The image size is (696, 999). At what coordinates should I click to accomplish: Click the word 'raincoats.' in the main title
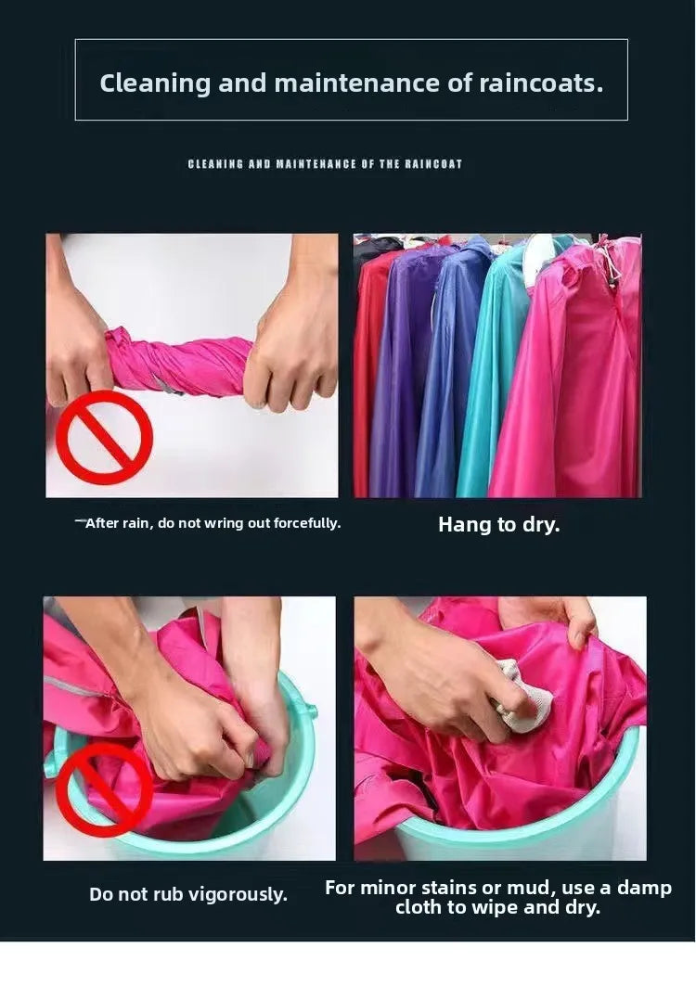point(540,83)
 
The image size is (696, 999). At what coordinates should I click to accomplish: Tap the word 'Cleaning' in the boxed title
point(155,83)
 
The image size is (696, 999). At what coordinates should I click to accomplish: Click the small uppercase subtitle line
point(325,164)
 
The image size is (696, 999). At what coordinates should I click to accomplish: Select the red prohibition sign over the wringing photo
point(105,437)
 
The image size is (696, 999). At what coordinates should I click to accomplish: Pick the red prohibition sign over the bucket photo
point(105,790)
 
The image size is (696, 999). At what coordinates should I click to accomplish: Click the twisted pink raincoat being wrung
point(177,365)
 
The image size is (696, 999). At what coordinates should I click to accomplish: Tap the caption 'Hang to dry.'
point(499,524)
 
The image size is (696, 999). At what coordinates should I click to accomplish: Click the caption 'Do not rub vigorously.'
point(188,894)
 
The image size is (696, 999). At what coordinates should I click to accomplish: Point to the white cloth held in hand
point(524,697)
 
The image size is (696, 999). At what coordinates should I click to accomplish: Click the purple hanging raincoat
point(401,369)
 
